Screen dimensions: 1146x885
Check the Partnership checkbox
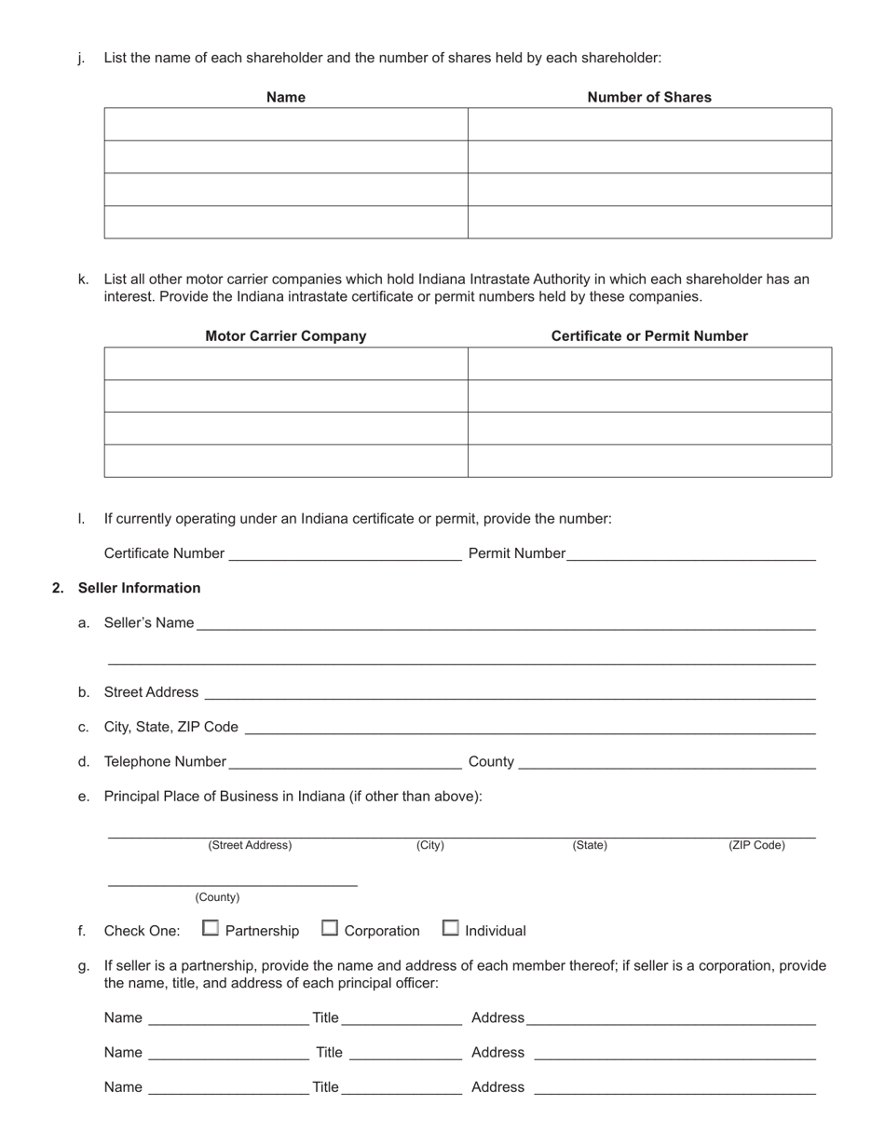click(211, 928)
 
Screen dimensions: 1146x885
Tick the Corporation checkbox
click(330, 928)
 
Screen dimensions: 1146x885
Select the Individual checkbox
click(450, 928)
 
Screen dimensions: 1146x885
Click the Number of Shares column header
click(648, 97)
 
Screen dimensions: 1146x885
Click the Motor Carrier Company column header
click(285, 335)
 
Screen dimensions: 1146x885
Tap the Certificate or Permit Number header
click(648, 335)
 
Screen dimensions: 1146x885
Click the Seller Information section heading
click(139, 588)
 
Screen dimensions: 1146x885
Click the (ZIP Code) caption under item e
click(756, 845)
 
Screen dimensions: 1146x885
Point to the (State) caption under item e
click(589, 845)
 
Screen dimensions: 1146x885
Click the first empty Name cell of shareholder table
click(285, 124)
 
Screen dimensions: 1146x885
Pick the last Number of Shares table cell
click(648, 222)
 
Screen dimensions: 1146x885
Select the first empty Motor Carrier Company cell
click(285, 363)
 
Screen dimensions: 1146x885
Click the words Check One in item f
click(142, 931)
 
